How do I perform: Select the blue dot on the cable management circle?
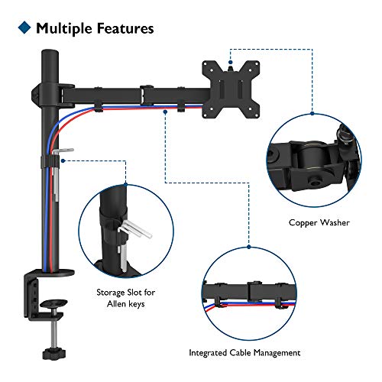249,247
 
